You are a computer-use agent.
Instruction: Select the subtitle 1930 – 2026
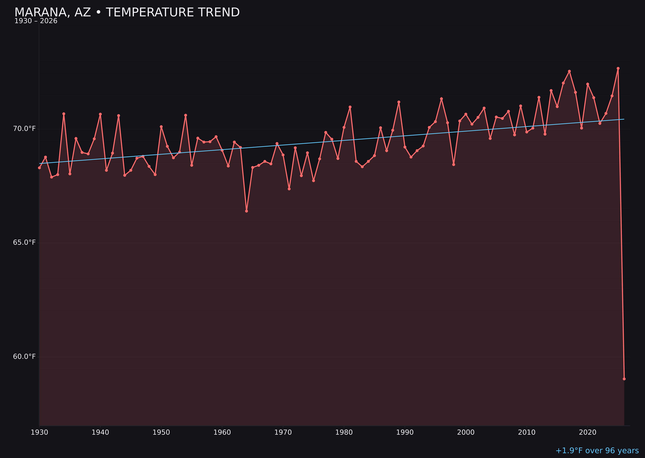pyautogui.click(x=36, y=21)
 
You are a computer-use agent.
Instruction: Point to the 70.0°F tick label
pyautogui.click(x=24, y=129)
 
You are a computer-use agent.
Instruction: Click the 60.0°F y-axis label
pyautogui.click(x=24, y=357)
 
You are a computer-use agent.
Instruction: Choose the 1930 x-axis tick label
pyautogui.click(x=40, y=433)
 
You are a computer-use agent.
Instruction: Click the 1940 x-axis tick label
pyautogui.click(x=100, y=433)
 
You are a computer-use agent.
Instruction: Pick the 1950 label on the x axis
pyautogui.click(x=161, y=433)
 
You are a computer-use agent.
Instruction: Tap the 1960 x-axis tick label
pyautogui.click(x=222, y=433)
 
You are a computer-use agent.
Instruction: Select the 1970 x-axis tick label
pyautogui.click(x=283, y=433)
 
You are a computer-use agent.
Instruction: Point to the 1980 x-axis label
pyautogui.click(x=344, y=433)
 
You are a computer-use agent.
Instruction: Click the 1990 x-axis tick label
pyautogui.click(x=405, y=433)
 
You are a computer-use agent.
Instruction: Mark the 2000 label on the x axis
pyautogui.click(x=466, y=433)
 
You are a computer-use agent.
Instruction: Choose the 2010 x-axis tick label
pyautogui.click(x=527, y=433)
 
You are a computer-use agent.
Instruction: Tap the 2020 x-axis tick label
pyautogui.click(x=588, y=433)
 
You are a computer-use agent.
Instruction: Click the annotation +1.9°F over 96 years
pyautogui.click(x=597, y=451)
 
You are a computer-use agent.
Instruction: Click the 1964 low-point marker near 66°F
pyautogui.click(x=247, y=211)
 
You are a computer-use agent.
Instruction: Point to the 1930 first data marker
pyautogui.click(x=40, y=168)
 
